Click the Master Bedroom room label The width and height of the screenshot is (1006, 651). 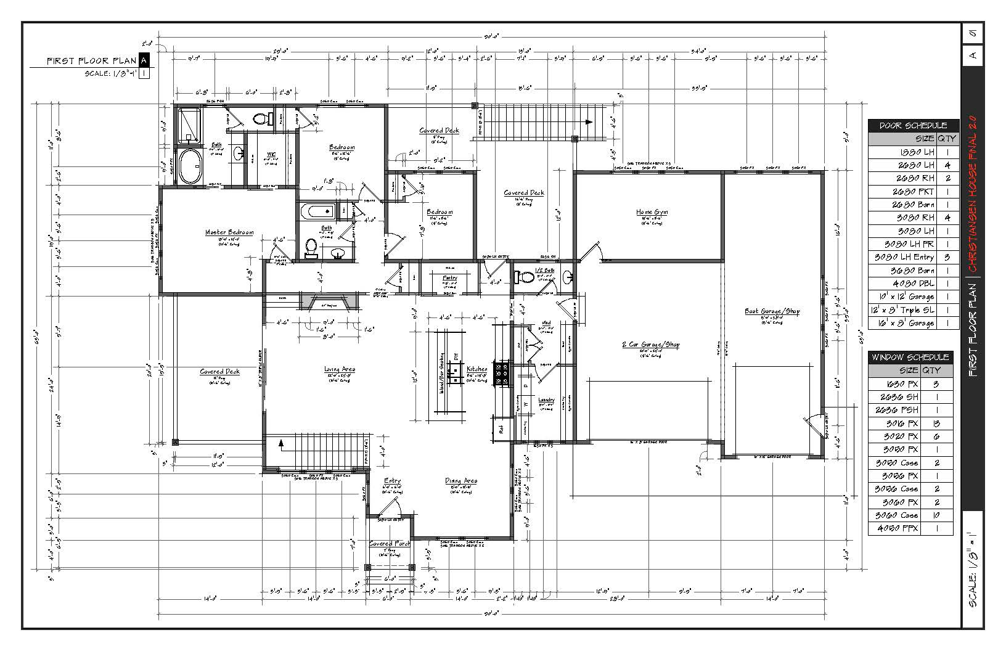[229, 232]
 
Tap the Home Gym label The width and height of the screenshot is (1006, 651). [652, 212]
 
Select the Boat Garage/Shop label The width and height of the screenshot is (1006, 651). [772, 311]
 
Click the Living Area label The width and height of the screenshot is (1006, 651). [340, 369]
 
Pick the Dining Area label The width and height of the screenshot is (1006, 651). [461, 481]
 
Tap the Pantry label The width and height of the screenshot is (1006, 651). [450, 278]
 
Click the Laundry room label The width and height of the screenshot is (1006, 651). [546, 400]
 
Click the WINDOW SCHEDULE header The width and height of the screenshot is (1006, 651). [909, 358]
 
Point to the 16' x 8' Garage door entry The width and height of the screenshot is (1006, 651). [904, 323]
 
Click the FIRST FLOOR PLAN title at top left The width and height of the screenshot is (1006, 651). [92, 60]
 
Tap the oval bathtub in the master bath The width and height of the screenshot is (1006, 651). [190, 166]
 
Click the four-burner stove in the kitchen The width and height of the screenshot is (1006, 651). [502, 374]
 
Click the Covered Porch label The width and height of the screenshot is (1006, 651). [390, 544]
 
